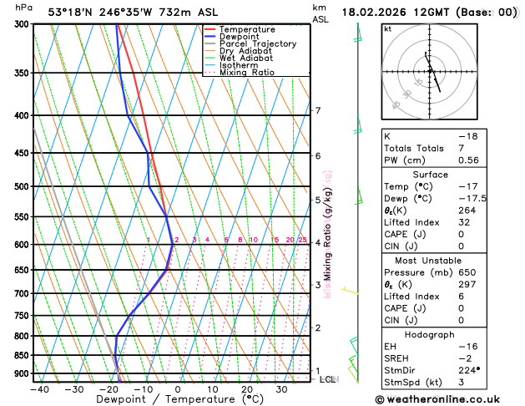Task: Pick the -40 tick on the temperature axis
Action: [39, 389]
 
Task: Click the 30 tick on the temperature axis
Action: [282, 389]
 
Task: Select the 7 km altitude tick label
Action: [318, 111]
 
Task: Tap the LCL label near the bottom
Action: [328, 379]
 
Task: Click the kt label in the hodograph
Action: [387, 28]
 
